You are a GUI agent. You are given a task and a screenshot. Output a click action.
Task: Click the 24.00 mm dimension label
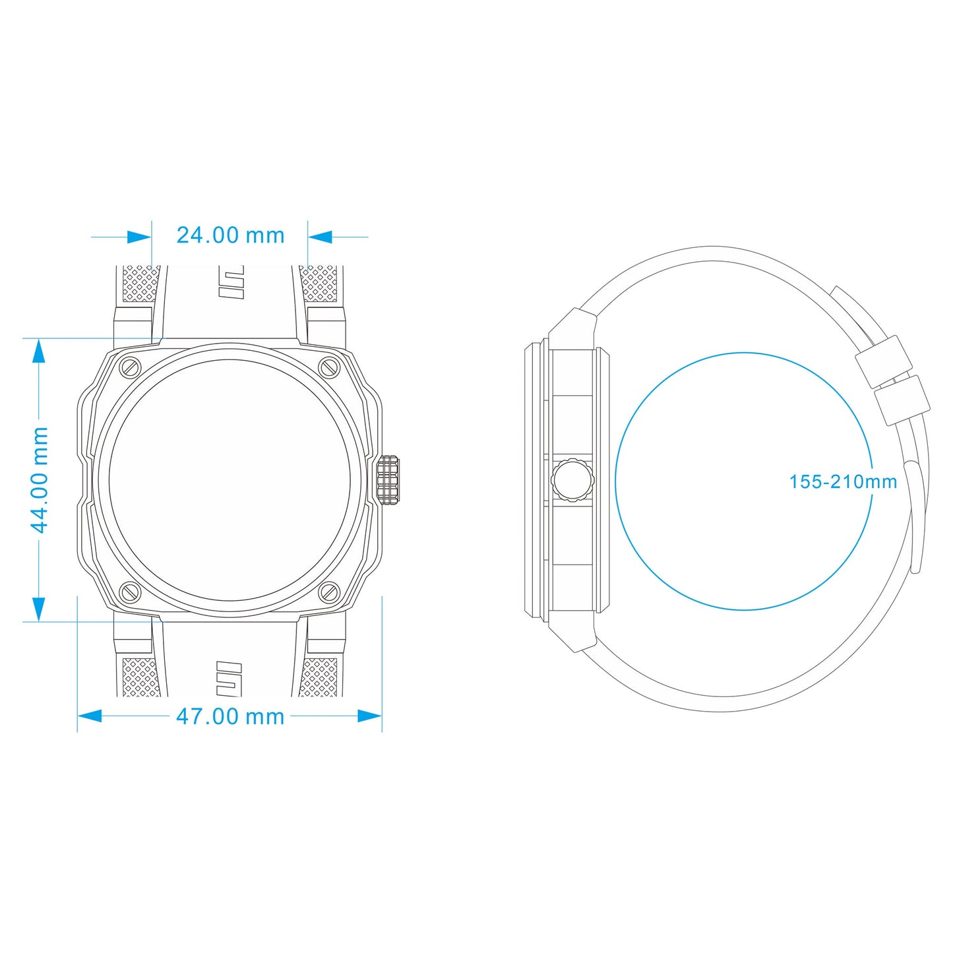tap(230, 235)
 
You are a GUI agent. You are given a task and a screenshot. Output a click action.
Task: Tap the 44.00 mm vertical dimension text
tap(40, 480)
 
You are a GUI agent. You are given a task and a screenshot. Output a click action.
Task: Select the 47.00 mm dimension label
tap(230, 717)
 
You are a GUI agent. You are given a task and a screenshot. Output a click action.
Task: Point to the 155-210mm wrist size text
tap(843, 481)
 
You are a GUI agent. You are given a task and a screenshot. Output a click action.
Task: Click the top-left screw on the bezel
tap(131, 367)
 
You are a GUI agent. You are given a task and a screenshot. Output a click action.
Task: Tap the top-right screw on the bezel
tap(329, 367)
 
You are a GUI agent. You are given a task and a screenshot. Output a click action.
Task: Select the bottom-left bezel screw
tap(131, 592)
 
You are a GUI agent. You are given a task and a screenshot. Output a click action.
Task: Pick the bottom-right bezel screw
tap(329, 592)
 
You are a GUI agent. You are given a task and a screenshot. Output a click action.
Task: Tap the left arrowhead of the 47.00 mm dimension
tap(90, 716)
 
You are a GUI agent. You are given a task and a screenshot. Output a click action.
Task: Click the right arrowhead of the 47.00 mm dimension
tap(369, 716)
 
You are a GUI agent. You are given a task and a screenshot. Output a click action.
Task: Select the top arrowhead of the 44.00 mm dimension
tap(38, 352)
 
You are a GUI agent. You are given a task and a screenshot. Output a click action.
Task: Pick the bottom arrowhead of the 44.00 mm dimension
tap(38, 609)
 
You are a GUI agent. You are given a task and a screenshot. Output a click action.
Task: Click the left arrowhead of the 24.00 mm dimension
tap(139, 237)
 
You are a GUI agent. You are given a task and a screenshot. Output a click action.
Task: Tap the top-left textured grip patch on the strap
tap(141, 284)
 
